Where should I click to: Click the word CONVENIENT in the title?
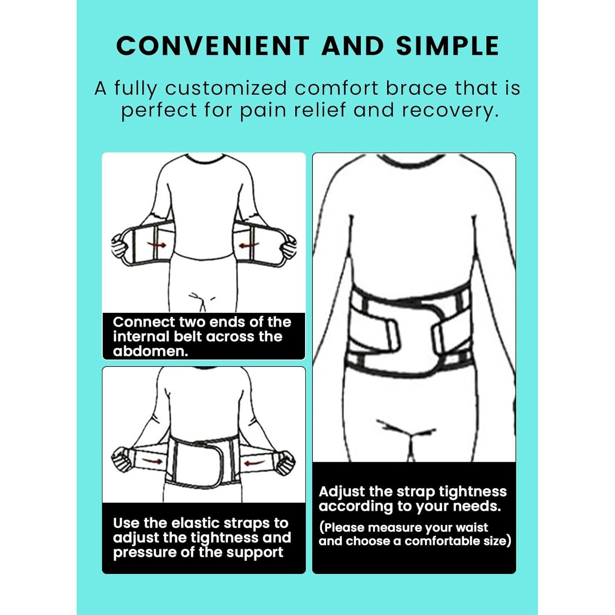(x=212, y=46)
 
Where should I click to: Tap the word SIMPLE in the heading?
(x=447, y=46)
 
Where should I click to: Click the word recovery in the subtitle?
(x=450, y=110)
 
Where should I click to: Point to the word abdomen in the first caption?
(x=150, y=351)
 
